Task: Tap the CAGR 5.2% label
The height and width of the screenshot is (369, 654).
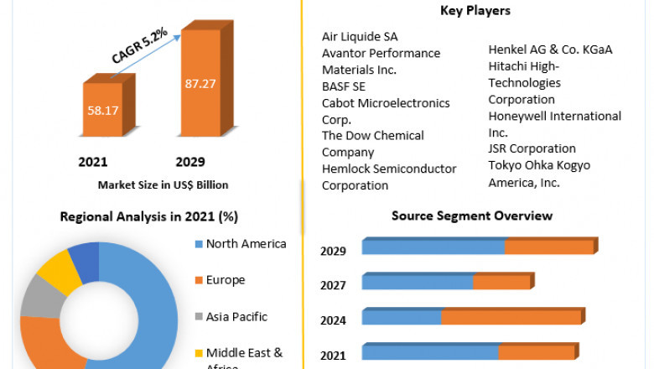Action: [x=140, y=45]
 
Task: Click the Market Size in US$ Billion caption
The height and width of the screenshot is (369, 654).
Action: [x=163, y=184]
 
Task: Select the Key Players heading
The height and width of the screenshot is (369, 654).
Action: [x=475, y=11]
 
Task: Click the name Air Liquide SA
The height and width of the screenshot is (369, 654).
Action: [x=360, y=37]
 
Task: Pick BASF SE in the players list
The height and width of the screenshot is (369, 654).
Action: [x=343, y=86]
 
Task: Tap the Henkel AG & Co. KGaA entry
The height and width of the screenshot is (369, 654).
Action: [x=550, y=49]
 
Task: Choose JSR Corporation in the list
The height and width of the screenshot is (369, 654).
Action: [x=532, y=148]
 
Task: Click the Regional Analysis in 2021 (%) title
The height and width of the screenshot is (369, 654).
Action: [x=148, y=216]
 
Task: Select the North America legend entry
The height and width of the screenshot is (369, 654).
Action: [x=246, y=244]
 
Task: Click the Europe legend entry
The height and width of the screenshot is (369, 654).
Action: [x=226, y=280]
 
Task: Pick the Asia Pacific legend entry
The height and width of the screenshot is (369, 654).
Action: [x=236, y=317]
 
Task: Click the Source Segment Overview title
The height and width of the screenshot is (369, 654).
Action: [x=471, y=216]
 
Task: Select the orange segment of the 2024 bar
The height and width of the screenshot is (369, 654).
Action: [x=510, y=317]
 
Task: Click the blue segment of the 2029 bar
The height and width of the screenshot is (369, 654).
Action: [x=433, y=247]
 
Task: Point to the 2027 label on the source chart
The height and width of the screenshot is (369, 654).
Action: [x=333, y=285]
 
